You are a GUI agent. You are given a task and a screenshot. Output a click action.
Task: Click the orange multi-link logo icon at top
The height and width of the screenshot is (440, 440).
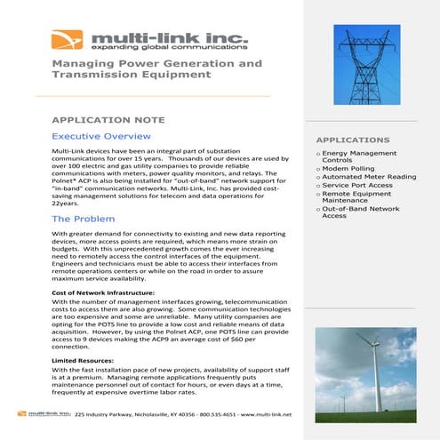(68, 40)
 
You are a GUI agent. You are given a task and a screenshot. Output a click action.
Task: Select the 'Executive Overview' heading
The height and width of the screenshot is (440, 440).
(100, 137)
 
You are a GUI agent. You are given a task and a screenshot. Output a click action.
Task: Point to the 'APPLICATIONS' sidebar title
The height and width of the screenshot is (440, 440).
(353, 140)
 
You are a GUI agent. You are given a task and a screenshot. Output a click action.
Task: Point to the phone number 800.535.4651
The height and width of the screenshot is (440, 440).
(201, 415)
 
